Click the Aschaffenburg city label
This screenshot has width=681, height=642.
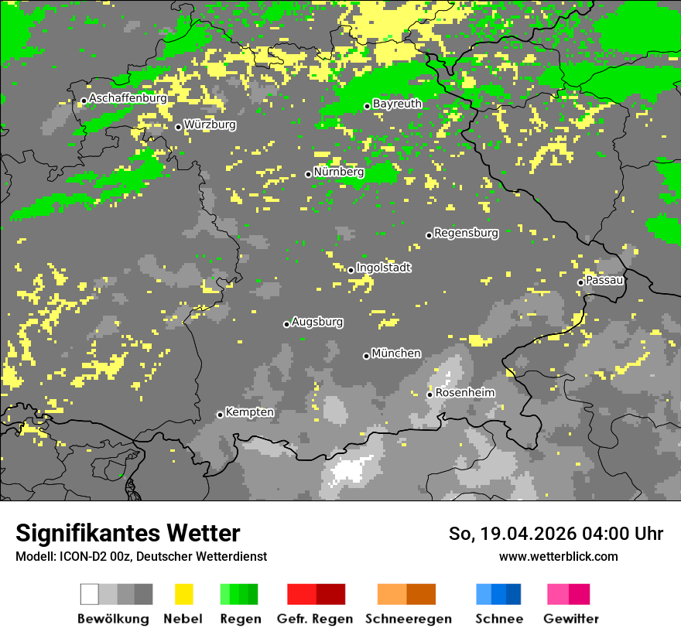click(x=128, y=98)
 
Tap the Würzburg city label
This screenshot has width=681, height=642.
click(x=210, y=125)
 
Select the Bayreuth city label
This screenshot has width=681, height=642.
click(x=397, y=104)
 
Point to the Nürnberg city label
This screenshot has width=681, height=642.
click(x=339, y=172)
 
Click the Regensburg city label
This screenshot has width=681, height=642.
click(x=466, y=233)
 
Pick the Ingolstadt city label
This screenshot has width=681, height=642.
click(x=384, y=268)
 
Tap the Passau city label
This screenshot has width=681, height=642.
click(x=604, y=280)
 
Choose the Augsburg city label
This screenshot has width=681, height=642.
click(x=317, y=322)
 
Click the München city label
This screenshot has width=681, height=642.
click(x=396, y=353)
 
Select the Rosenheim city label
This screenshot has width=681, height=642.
click(x=464, y=393)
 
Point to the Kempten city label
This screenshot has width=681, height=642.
click(x=249, y=412)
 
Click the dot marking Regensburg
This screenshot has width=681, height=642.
click(x=429, y=235)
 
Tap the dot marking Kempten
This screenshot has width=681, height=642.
click(x=220, y=415)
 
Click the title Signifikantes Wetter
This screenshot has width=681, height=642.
click(x=128, y=533)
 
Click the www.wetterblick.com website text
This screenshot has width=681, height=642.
click(x=558, y=556)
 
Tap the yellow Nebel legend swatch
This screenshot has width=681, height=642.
click(x=183, y=594)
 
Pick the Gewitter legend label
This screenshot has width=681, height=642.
click(x=570, y=619)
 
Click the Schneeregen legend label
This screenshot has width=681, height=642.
click(x=408, y=619)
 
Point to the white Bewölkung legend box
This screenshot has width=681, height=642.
click(x=89, y=594)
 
